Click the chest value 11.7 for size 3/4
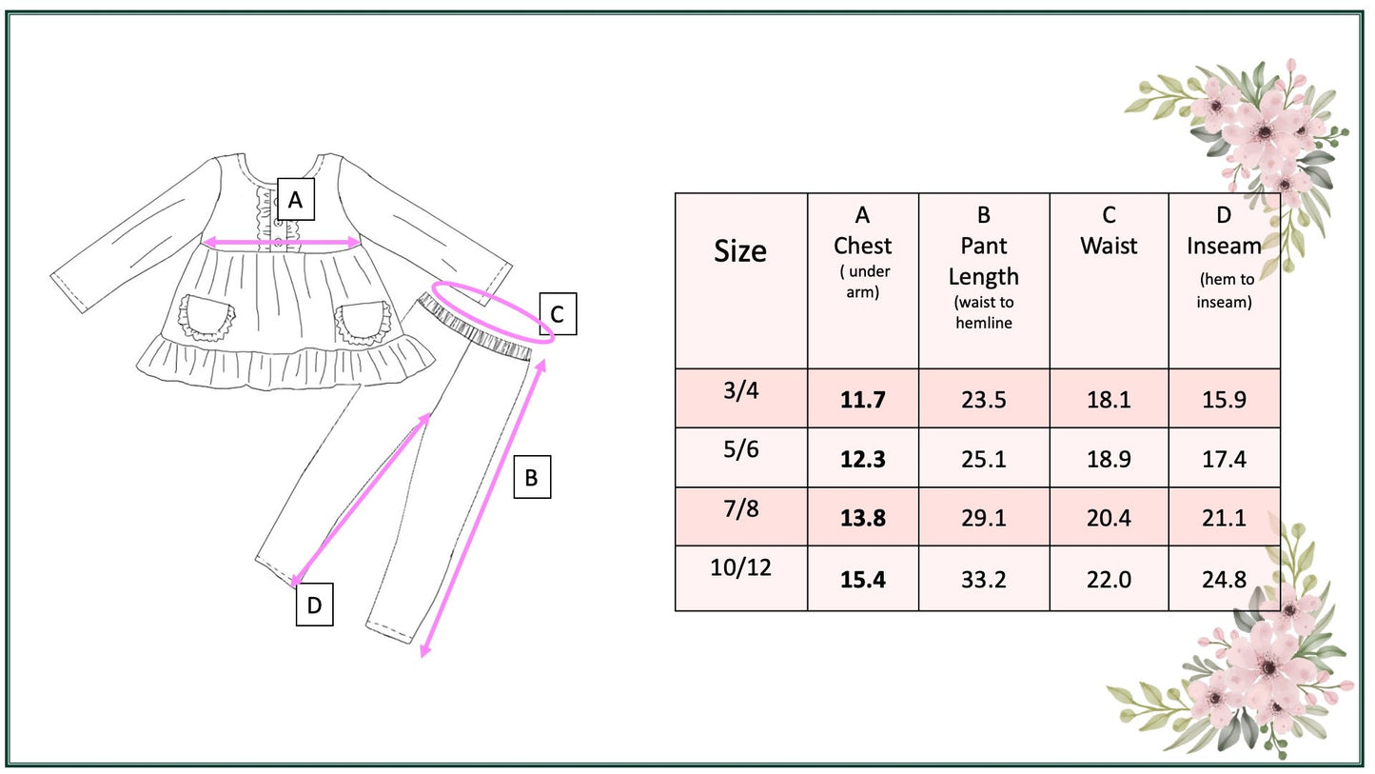coord(862,400)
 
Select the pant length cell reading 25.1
coord(983,459)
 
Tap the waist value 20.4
coord(1109,518)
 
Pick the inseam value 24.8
coord(1224,579)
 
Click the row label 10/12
coord(741,567)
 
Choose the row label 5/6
coord(741,449)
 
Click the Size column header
coord(740,251)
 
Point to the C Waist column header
coord(1109,231)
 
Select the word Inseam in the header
coord(1224,247)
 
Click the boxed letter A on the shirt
coord(296,200)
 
